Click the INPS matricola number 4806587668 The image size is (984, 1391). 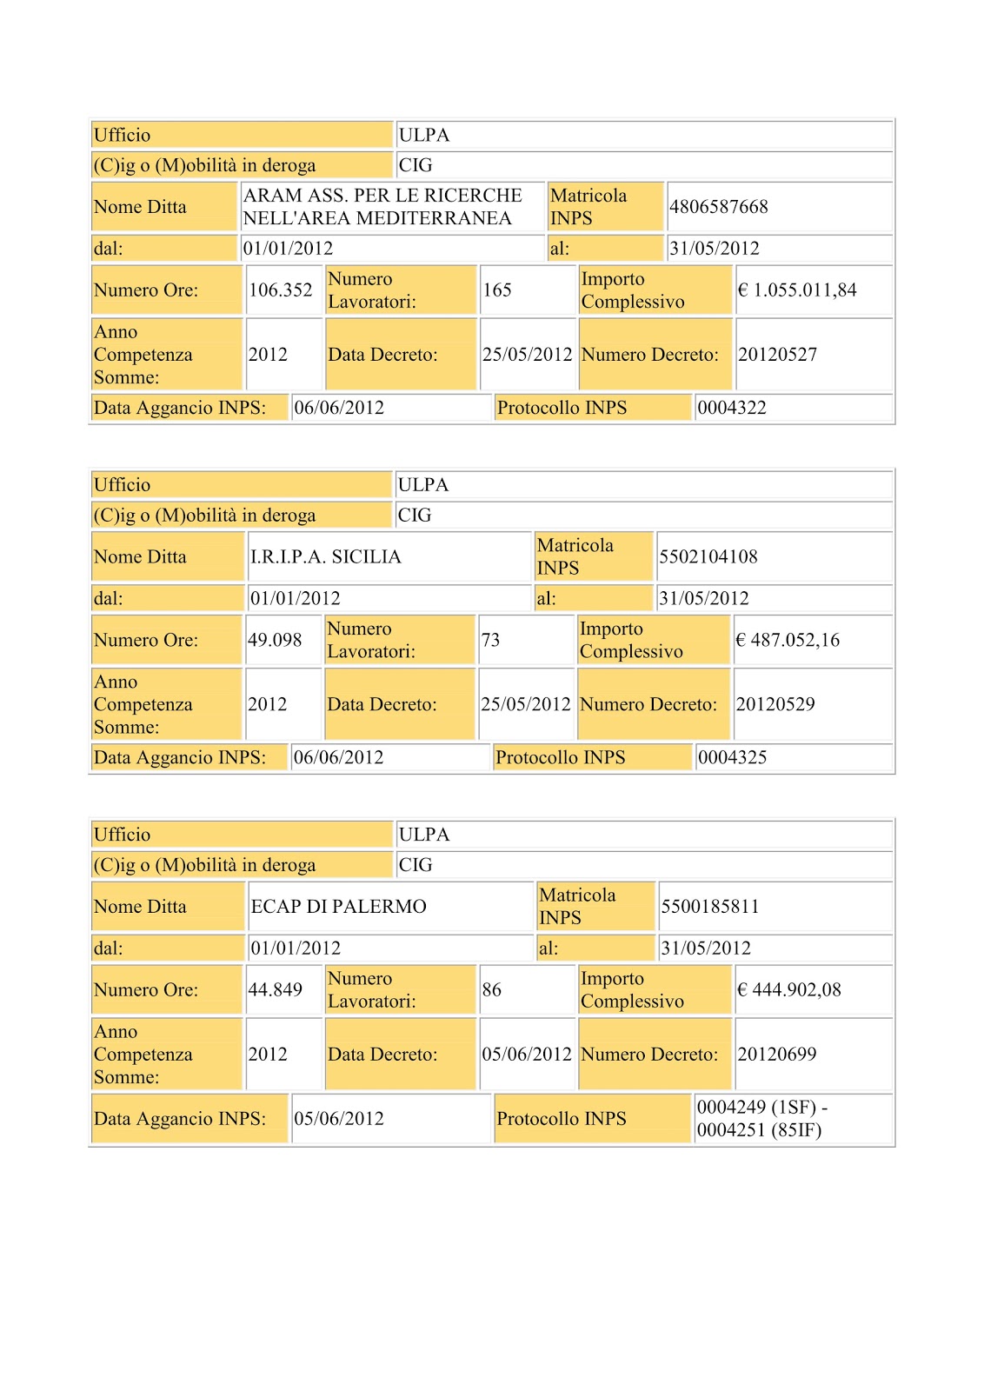[718, 207]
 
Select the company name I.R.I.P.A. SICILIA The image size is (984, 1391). [325, 556]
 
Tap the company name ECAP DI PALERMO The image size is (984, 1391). [338, 906]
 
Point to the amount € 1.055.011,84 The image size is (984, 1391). [796, 290]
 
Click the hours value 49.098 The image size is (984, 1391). [275, 640]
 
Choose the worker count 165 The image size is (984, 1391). [497, 290]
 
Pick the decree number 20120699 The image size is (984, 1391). [776, 1054]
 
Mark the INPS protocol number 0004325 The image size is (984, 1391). [732, 757]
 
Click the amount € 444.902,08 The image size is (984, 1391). [788, 989]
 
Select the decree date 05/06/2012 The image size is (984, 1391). [526, 1054]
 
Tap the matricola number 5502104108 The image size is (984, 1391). [708, 556]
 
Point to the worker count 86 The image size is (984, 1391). [491, 989]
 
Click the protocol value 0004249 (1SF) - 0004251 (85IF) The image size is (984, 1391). [761, 1118]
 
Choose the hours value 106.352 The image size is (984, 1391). [280, 290]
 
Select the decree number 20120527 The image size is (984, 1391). [777, 355]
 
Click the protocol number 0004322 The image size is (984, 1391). [732, 408]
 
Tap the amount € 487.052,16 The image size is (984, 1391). [788, 640]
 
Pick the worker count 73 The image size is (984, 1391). [490, 640]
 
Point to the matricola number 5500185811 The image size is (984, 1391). [709, 906]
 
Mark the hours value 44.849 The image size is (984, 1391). [275, 989]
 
